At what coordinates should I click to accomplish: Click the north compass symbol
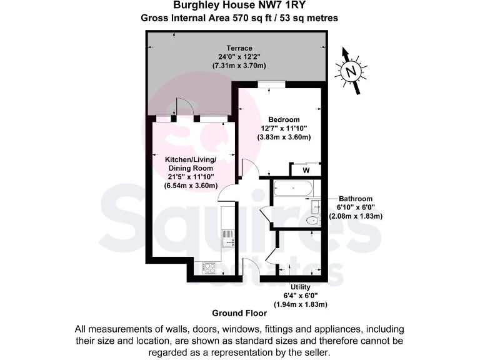point(352,71)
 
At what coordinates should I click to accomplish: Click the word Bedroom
point(284,119)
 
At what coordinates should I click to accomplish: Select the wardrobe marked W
point(306,169)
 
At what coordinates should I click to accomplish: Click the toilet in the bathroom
point(313,221)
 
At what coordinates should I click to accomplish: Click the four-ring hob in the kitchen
point(208,267)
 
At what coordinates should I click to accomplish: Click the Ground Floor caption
point(239,312)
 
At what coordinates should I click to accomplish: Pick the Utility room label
point(296,287)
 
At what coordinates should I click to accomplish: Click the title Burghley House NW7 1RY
point(239,6)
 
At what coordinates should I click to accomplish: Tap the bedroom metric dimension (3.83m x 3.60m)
point(284,137)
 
